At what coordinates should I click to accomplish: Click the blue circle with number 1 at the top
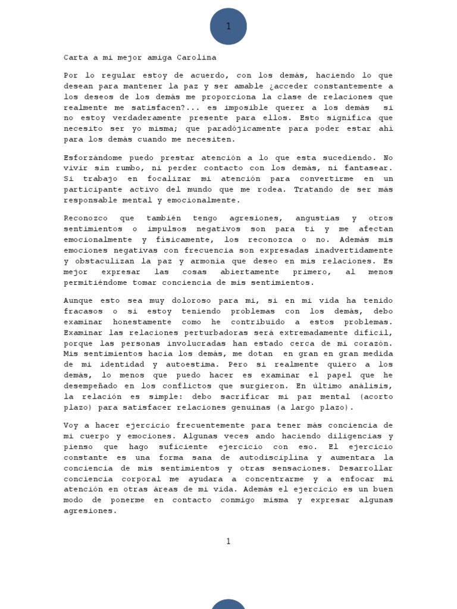pyautogui.click(x=228, y=27)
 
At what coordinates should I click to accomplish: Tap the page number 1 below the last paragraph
pyautogui.click(x=228, y=541)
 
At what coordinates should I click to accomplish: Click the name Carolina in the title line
pyautogui.click(x=197, y=58)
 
